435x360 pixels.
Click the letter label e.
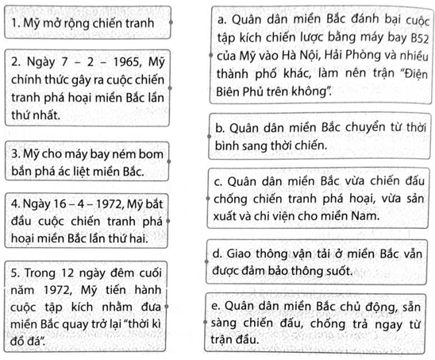click(x=217, y=306)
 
